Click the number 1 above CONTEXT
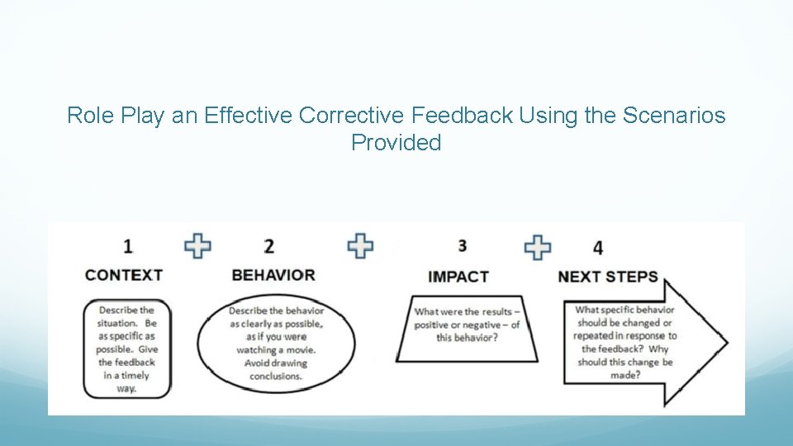pyautogui.click(x=128, y=245)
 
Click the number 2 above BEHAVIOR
pyautogui.click(x=268, y=246)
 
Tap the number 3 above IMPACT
pyautogui.click(x=462, y=245)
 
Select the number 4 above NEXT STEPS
pyautogui.click(x=598, y=248)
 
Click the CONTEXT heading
pyautogui.click(x=124, y=275)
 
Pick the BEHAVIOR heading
pyautogui.click(x=273, y=275)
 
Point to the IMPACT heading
pyautogui.click(x=458, y=277)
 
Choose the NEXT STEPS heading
pyautogui.click(x=608, y=277)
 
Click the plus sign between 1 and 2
pyautogui.click(x=197, y=245)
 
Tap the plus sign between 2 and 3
pyautogui.click(x=360, y=245)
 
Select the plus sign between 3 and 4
pyautogui.click(x=538, y=246)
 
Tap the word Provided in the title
pyautogui.click(x=396, y=143)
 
